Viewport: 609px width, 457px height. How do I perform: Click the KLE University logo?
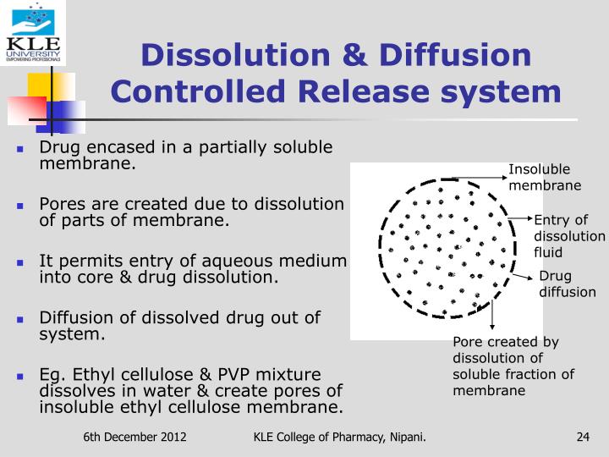point(33,33)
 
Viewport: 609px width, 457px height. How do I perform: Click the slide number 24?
point(582,437)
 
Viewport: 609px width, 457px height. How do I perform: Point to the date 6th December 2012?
point(134,437)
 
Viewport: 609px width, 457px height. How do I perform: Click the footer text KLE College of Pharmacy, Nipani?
point(339,437)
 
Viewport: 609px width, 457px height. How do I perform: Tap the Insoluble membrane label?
point(544,178)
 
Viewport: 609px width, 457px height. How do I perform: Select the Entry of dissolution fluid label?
point(568,236)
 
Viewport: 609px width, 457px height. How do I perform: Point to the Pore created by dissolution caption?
point(513,366)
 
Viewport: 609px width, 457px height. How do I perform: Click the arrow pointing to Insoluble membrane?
point(479,179)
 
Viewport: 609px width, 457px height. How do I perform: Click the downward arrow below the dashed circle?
point(491,318)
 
